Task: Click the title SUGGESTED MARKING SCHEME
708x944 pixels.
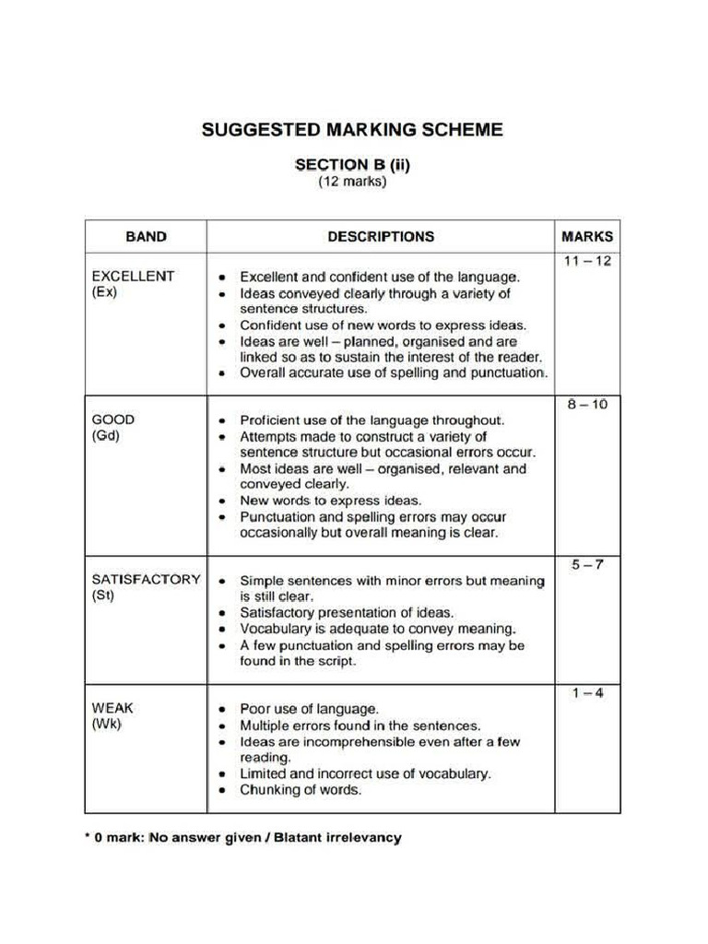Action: coord(352,129)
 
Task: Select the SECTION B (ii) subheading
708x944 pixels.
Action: coord(352,165)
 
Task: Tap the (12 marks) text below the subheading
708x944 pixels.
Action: coord(352,182)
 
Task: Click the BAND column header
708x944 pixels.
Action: coord(146,236)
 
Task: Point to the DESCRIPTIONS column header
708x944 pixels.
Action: coord(380,236)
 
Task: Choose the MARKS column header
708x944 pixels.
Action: coord(587,236)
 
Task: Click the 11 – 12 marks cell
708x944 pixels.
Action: coord(587,261)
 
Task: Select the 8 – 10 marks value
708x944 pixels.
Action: coord(587,405)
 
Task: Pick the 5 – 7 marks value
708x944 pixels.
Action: coord(587,564)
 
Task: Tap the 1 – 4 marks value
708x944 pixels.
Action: coord(587,693)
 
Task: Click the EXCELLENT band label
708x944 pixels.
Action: coord(133,276)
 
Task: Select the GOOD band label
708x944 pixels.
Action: coord(113,419)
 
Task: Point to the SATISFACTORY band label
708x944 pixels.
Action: coord(146,580)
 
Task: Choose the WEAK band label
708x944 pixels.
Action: coord(112,708)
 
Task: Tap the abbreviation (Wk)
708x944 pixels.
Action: coord(107,725)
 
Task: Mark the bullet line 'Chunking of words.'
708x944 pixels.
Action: coord(301,790)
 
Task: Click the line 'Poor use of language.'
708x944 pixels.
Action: coord(309,709)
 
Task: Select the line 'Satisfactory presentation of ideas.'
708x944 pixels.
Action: coord(347,612)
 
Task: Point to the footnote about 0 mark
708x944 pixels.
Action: coord(244,838)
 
